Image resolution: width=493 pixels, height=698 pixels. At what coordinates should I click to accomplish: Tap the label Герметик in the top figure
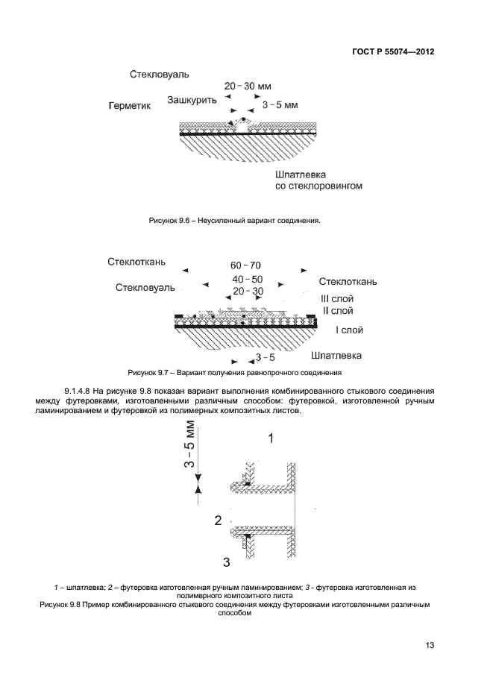click(x=130, y=106)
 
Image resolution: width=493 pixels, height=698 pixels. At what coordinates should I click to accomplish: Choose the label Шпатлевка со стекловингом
click(x=318, y=179)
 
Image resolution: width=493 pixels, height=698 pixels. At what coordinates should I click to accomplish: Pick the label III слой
click(x=338, y=298)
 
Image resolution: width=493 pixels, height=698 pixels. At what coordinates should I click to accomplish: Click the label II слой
click(x=337, y=309)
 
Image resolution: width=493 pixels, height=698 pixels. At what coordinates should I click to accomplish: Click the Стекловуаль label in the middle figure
click(x=145, y=286)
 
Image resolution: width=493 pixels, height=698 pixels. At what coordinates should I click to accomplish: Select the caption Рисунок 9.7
click(x=235, y=371)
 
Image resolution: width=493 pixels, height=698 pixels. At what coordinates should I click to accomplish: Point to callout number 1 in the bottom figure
click(x=271, y=439)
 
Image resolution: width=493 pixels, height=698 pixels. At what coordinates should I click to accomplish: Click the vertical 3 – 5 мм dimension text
click(x=190, y=444)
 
